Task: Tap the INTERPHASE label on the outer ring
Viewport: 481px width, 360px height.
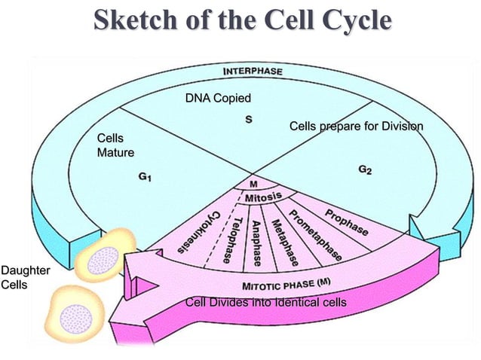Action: click(x=253, y=72)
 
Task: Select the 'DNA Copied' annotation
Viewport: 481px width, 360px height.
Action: click(x=218, y=98)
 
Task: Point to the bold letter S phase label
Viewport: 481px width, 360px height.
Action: click(x=249, y=119)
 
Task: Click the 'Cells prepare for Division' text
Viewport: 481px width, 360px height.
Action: click(x=356, y=126)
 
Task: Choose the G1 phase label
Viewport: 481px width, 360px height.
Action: click(x=146, y=178)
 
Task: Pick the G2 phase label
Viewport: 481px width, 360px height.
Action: click(x=365, y=170)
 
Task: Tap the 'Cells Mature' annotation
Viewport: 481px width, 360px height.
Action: click(x=115, y=146)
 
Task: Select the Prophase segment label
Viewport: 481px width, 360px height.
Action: click(x=347, y=220)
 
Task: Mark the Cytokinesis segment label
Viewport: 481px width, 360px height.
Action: click(x=199, y=232)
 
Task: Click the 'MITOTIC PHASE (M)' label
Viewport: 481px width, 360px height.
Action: click(x=286, y=285)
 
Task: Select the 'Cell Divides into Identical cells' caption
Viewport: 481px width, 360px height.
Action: click(x=265, y=303)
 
